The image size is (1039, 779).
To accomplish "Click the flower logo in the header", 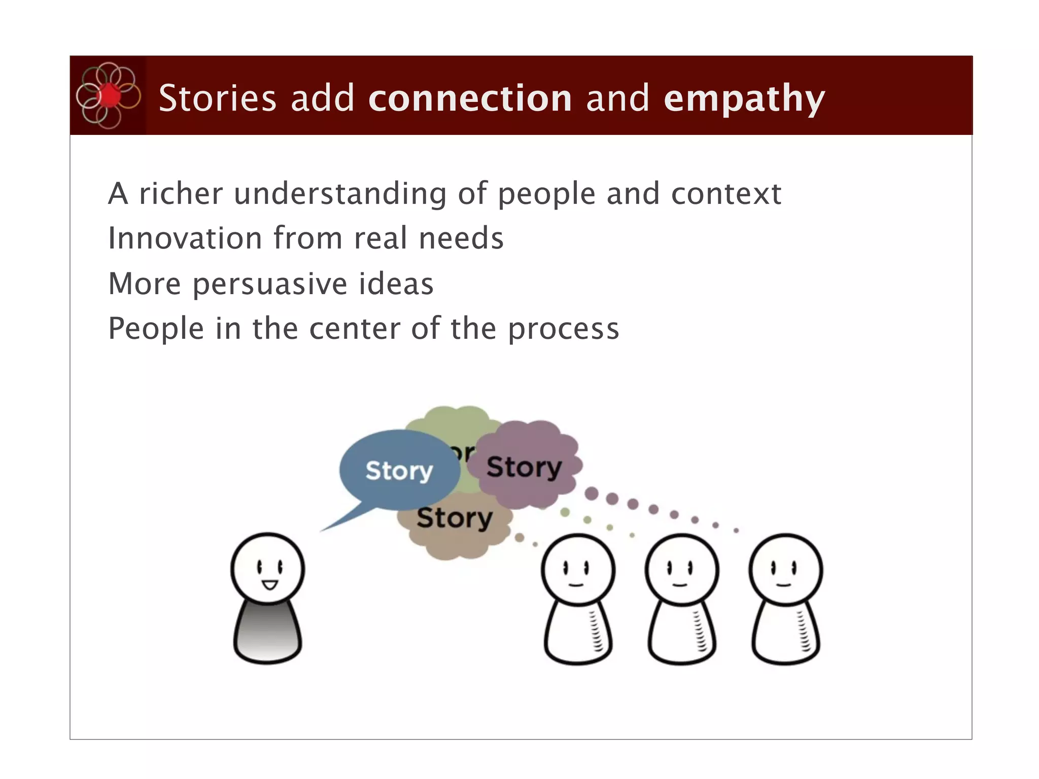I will (x=108, y=95).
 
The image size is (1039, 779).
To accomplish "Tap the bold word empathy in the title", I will (x=744, y=98).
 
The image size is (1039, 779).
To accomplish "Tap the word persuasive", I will (x=269, y=284).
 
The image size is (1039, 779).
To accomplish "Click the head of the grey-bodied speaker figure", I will (x=267, y=568).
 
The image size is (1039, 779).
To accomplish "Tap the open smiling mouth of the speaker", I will (x=269, y=585).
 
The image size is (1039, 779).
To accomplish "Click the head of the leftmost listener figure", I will (x=578, y=569).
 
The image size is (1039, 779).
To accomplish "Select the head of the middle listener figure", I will (x=681, y=569).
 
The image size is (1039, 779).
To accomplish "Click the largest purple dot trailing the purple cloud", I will (x=592, y=493).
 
